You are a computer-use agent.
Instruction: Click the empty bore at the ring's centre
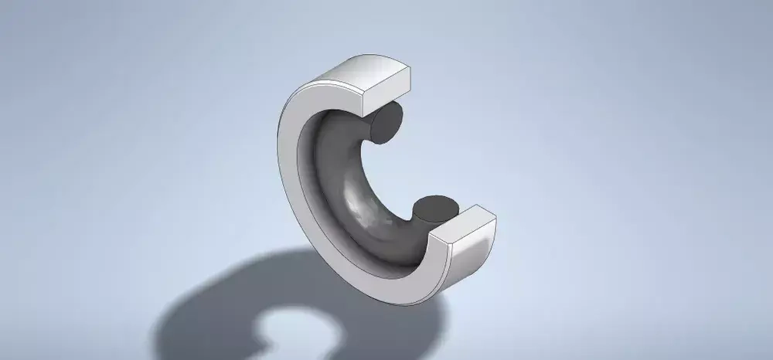click(x=386, y=170)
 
